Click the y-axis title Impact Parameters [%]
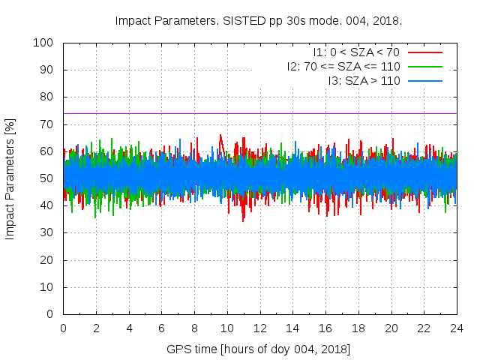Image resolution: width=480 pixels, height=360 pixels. [x=10, y=178]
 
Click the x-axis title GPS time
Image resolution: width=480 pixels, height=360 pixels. [x=259, y=349]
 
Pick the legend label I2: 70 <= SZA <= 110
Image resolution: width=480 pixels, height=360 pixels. [x=343, y=66]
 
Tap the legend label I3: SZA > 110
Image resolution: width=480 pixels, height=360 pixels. [x=364, y=79]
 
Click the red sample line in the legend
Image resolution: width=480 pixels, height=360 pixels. [x=424, y=52]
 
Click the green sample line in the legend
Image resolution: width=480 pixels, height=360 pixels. [x=424, y=66]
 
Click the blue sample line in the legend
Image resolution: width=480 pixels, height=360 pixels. [x=424, y=79]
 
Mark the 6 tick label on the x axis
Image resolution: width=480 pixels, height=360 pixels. [x=161, y=328]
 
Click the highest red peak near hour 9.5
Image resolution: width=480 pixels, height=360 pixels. [x=220, y=136]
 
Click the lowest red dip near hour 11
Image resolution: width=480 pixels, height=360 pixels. [x=243, y=220]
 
